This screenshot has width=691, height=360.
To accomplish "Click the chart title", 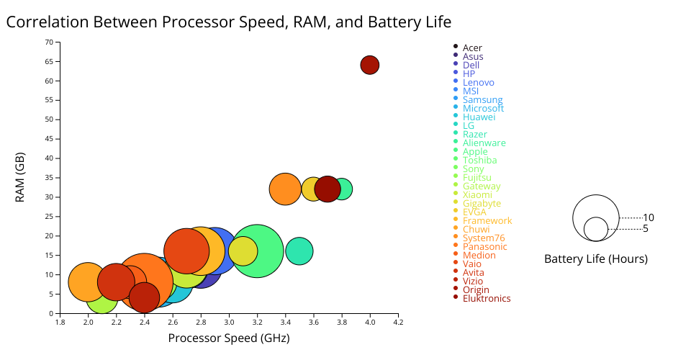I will coord(229,22).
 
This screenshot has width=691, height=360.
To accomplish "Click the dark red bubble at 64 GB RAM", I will coord(370,65).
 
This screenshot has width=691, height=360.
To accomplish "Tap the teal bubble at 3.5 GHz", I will coord(299,251).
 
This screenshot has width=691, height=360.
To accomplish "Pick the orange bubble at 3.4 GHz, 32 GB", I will coord(285,189).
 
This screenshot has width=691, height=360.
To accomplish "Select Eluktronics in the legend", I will coord(487,299).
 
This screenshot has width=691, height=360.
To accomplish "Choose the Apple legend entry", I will coord(475,152).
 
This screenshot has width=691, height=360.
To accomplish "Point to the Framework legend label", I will coord(487,221).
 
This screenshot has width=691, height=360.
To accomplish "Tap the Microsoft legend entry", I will coord(483,109).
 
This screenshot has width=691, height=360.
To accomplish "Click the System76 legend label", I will coord(484,238).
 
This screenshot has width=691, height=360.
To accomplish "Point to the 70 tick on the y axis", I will coord(49,42).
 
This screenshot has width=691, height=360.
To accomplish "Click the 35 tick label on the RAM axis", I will coord(49,177).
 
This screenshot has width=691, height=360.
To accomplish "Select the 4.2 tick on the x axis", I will coord(398,323).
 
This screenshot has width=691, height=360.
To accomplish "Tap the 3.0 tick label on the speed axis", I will coord(229,323).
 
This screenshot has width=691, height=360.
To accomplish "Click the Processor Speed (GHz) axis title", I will coord(229,338).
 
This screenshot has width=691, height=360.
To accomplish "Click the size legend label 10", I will coord(649,217).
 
